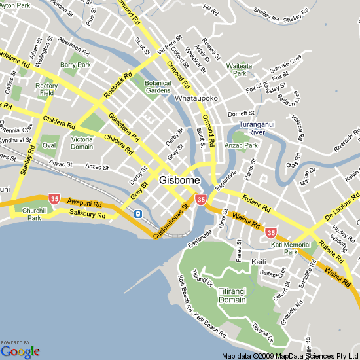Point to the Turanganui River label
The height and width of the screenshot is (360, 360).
coord(261,128)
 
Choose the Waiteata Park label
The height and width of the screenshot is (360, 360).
coord(239,70)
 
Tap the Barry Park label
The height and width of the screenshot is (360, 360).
coord(75,65)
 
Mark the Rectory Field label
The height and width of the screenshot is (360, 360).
coord(46,90)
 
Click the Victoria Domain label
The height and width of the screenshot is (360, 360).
coord(82,143)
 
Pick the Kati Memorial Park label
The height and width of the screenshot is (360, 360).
coord(290,248)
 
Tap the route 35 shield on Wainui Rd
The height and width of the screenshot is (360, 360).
coord(270,232)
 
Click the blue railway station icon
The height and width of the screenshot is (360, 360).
coord(137,213)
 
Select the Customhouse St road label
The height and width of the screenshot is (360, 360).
coord(171,221)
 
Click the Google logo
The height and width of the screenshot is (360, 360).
coord(20,351)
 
